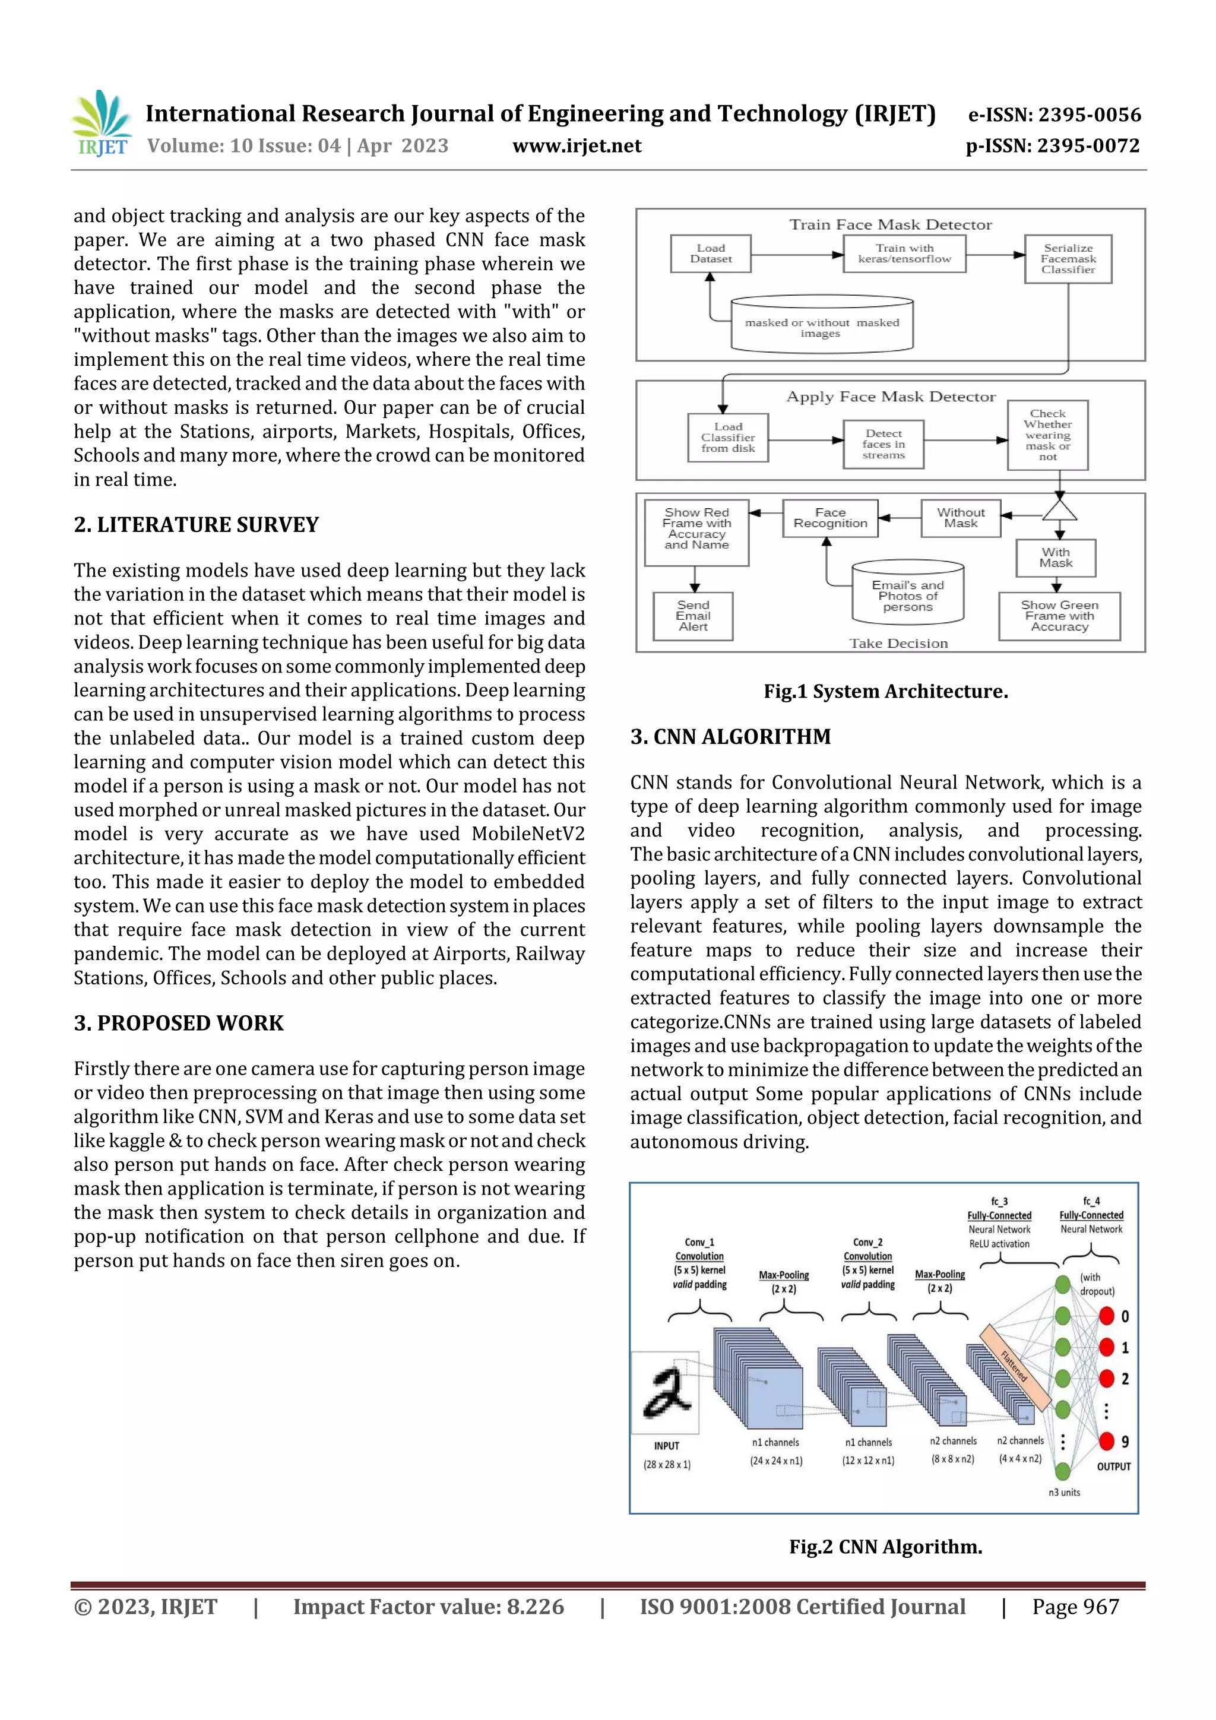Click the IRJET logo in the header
101,123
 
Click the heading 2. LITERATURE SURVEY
197,524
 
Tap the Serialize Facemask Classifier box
1068,258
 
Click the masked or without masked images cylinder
821,326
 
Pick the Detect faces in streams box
883,444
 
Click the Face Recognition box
829,518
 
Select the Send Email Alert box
693,616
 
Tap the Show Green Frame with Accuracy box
1059,616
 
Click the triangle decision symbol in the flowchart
1059,511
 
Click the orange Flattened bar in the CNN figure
1015,1366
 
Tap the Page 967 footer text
1075,1607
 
